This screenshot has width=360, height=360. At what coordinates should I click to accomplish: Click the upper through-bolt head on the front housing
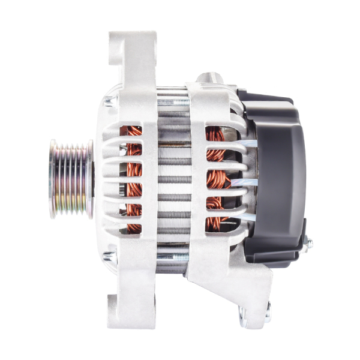109,102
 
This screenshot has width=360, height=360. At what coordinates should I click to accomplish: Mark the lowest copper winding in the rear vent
214,224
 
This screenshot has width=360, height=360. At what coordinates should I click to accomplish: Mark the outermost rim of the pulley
53,178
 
